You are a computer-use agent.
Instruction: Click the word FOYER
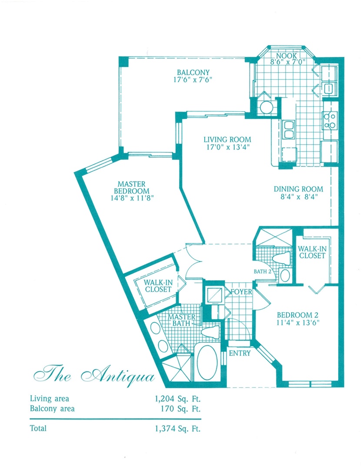coord(241,292)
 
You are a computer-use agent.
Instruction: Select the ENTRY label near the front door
coord(239,353)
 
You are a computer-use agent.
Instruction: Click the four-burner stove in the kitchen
coord(329,120)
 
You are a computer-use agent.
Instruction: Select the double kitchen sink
coord(289,128)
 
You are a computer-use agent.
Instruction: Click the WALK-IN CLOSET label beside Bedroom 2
coord(311,252)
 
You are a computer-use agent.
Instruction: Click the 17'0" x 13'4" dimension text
coord(227,147)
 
